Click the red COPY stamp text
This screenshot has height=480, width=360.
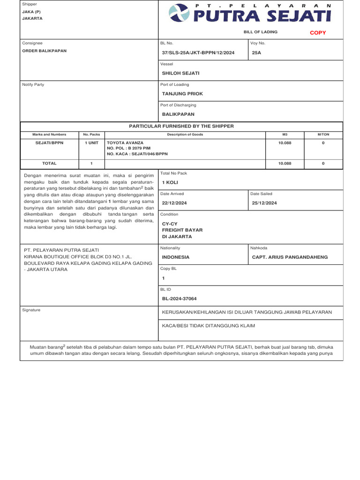[x=318, y=33]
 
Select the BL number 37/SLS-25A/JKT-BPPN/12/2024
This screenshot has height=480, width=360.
[x=198, y=53]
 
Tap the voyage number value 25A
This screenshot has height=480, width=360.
[x=256, y=53]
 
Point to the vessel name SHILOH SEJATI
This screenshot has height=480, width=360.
[x=180, y=73]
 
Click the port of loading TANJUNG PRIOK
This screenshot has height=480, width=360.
[x=182, y=94]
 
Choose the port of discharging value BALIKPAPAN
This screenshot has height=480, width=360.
[x=178, y=114]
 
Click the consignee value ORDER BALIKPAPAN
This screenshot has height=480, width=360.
[x=45, y=51]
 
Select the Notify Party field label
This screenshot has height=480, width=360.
[x=33, y=84]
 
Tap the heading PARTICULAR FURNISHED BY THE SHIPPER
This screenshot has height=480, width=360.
[x=181, y=126]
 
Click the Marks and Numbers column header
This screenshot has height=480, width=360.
[x=49, y=135]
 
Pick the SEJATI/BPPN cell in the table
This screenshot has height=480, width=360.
[x=49, y=142]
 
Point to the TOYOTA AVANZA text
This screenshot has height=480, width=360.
[x=125, y=142]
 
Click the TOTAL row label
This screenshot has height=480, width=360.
[x=49, y=164]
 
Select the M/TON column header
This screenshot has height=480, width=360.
[x=323, y=135]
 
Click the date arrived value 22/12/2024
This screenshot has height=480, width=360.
[x=174, y=203]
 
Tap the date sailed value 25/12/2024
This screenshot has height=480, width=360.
[x=264, y=203]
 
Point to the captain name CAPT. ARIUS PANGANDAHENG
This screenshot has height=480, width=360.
[x=290, y=257]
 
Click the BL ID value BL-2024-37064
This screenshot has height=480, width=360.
[x=179, y=299]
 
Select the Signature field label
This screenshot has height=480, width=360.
[x=31, y=310]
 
